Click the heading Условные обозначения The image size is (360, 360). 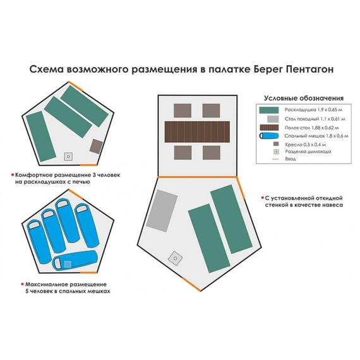pyautogui.click(x=304, y=99)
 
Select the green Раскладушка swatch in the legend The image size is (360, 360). pyautogui.click(x=269, y=110)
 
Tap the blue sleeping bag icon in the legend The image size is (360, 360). pyautogui.click(x=269, y=136)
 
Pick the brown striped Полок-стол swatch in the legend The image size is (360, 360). pyautogui.click(x=269, y=128)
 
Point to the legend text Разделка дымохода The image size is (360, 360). pyautogui.click(x=308, y=152)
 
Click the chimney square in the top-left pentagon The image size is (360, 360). pyautogui.click(x=68, y=157)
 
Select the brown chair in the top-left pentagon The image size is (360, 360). pyautogui.click(x=96, y=147)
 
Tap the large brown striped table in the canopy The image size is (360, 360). pyautogui.click(x=197, y=132)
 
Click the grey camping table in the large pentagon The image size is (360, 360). pyautogui.click(x=162, y=211)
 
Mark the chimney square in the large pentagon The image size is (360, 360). pyautogui.click(x=175, y=258)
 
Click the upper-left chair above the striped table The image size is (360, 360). pyautogui.click(x=183, y=111)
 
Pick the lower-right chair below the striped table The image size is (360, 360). pyautogui.click(x=212, y=153)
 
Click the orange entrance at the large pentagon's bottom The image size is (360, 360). pyautogui.click(x=191, y=284)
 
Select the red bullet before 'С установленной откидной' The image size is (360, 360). pyautogui.click(x=262, y=198)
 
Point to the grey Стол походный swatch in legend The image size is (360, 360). pyautogui.click(x=273, y=119)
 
